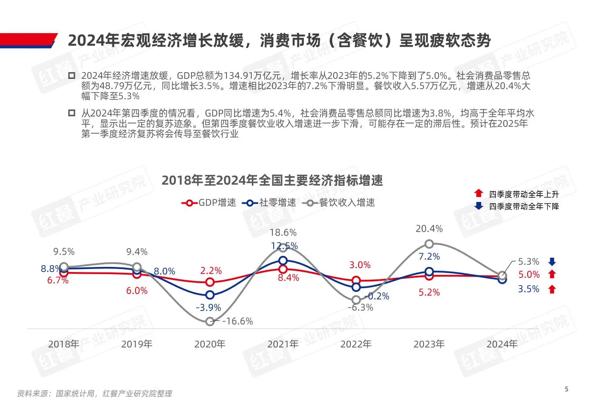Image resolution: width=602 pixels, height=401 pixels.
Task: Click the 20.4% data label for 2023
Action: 429,229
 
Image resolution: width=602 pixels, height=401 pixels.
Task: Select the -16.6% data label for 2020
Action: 237,321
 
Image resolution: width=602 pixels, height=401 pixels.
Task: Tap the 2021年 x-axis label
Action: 283,344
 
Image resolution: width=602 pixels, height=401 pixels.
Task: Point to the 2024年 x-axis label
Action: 502,344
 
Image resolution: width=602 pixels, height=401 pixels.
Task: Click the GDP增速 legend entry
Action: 209,203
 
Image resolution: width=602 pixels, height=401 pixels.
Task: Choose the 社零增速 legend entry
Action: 269,203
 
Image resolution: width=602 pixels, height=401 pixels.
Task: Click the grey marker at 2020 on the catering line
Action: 210,322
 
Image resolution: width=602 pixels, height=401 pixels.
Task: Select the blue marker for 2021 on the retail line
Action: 283,261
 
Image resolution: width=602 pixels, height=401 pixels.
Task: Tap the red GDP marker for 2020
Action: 210,282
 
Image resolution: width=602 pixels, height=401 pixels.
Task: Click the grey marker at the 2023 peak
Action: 429,244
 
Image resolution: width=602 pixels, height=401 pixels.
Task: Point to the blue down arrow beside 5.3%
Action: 552,261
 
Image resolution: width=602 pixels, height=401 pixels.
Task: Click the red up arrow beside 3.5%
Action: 552,289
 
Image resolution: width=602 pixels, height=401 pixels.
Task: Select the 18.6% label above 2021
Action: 283,233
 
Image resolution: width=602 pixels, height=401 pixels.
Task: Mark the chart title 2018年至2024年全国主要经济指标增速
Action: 272,180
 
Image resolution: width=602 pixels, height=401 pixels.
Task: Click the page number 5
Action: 566,389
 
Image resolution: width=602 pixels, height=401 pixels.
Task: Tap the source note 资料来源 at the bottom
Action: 94,394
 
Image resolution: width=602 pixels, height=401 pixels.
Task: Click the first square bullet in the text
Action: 72,76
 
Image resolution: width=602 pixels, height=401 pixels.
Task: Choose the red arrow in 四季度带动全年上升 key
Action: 478,193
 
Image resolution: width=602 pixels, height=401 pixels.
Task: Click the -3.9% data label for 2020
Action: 208,308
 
